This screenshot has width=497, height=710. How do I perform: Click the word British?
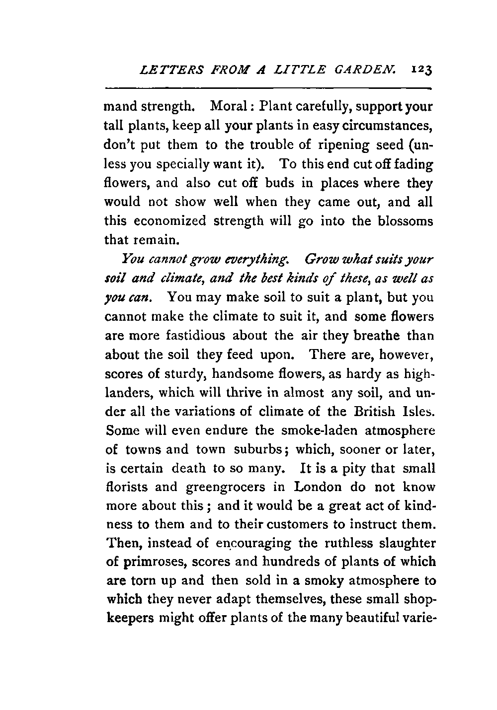pyautogui.click(x=383, y=412)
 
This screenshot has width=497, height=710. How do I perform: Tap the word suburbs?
pyautogui.click(x=260, y=450)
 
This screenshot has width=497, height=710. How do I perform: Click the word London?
pyautogui.click(x=319, y=488)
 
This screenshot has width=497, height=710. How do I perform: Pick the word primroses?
pyautogui.click(x=148, y=563)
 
